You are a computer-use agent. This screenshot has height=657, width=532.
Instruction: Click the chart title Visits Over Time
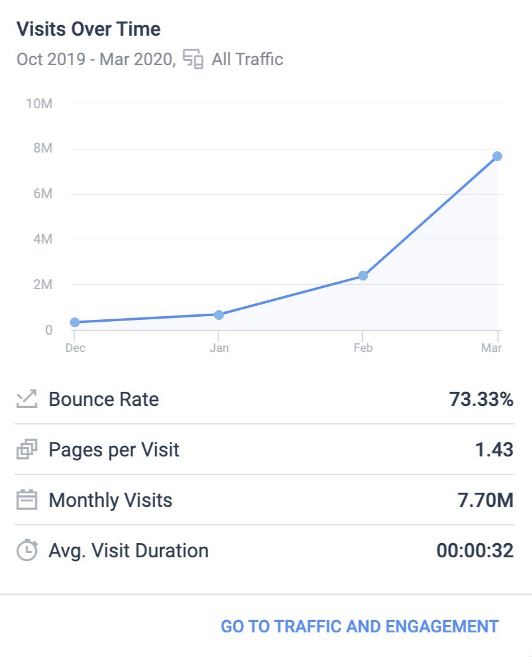point(88,29)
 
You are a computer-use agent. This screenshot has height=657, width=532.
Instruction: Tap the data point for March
point(497,156)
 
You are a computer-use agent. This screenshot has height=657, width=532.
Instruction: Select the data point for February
point(363,276)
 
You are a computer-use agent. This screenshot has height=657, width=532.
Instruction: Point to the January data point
point(219,315)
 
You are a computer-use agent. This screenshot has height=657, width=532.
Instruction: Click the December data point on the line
point(75,322)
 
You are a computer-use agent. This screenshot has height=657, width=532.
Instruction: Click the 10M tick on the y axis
point(39,103)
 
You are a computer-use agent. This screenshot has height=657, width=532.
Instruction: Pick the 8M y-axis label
point(41,148)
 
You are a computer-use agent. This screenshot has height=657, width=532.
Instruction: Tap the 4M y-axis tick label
point(41,239)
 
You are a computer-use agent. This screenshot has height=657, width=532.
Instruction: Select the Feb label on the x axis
point(363,348)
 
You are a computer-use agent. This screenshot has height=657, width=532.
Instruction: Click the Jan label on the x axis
point(219,348)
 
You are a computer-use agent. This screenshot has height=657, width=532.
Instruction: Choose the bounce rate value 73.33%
point(481,399)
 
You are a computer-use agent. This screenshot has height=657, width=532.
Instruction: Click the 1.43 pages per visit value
point(494,450)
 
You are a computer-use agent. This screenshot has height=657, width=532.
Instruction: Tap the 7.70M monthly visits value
point(482,500)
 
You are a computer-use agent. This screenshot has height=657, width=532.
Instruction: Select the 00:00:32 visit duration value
point(475,551)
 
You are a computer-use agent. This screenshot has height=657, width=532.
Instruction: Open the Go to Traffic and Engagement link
point(360,626)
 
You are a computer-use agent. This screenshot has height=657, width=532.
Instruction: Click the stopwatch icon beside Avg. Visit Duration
point(26,551)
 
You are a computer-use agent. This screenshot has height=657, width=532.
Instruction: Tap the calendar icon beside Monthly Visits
point(26,500)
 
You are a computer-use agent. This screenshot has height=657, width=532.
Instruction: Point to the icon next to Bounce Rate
point(26,399)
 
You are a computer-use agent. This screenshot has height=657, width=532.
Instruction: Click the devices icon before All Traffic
point(193,60)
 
